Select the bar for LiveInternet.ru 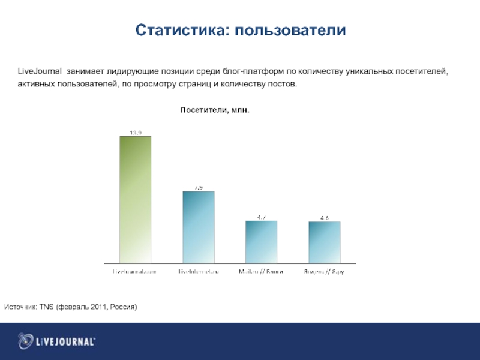point(198,227)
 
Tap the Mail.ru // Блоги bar point(261,242)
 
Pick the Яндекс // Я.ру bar point(324,242)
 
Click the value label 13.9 point(135,133)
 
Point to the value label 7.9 point(198,188)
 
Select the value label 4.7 point(262,217)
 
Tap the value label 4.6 point(325,218)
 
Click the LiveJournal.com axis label point(135,272)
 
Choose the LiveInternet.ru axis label point(198,272)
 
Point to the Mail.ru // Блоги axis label point(261,272)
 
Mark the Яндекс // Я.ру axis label point(325,272)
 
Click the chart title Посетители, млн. point(215,110)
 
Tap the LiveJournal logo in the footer point(56,341)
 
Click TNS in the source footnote point(47,307)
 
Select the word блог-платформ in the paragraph point(250,72)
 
